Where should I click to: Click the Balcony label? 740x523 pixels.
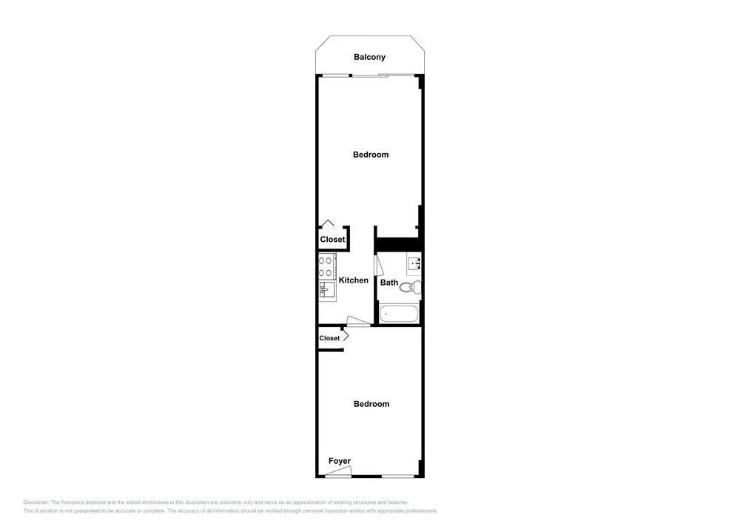tap(369, 57)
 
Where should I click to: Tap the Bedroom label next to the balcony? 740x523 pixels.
tap(371, 155)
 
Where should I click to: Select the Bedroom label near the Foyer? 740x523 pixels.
tap(371, 404)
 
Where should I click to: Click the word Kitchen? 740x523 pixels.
tap(354, 280)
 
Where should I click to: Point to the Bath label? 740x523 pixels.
tap(389, 283)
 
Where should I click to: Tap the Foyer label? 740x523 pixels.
tap(340, 461)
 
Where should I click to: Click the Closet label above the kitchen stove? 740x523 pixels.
tap(332, 239)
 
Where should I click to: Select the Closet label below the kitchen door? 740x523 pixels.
tap(329, 338)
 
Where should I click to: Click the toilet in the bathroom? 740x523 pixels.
tap(411, 286)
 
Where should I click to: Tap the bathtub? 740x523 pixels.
tap(399, 314)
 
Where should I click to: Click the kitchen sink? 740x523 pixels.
tap(326, 289)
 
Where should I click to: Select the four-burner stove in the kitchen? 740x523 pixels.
tap(327, 266)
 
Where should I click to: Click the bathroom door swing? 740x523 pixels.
tap(379, 265)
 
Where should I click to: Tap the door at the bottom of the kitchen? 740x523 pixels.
tap(358, 321)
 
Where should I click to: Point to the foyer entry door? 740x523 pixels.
tap(339, 472)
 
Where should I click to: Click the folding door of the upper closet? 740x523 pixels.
tap(328, 223)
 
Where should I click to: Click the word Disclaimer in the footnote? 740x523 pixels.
tap(36, 502)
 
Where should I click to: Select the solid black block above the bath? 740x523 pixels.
tap(398, 244)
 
